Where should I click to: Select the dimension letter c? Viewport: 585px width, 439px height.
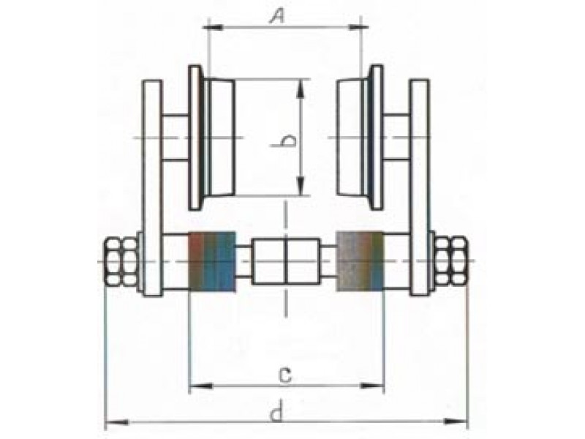[x=285, y=375]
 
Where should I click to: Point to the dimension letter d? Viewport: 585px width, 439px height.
[x=277, y=413]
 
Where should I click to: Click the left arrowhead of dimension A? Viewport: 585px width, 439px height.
[x=214, y=27]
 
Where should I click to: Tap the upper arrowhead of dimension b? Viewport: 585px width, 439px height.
[x=301, y=89]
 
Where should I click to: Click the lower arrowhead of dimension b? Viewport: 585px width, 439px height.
[x=301, y=185]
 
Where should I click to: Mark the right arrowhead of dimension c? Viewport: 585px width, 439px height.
[x=372, y=386]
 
